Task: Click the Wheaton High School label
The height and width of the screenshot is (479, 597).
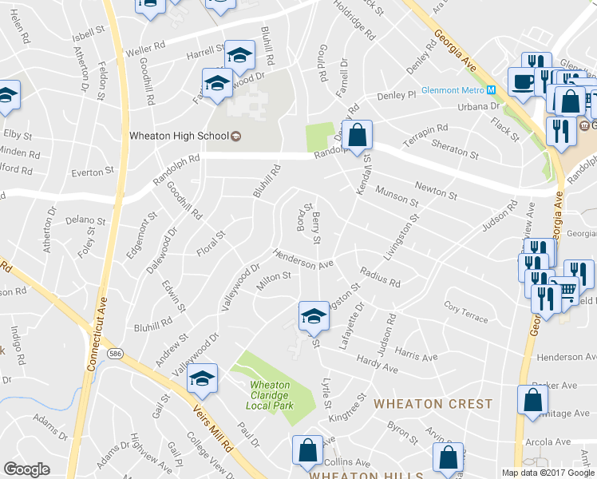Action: click(180, 136)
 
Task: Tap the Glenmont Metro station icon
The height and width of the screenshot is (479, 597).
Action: click(492, 90)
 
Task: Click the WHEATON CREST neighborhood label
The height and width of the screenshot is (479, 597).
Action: click(433, 404)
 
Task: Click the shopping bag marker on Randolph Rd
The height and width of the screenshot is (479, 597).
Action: click(357, 133)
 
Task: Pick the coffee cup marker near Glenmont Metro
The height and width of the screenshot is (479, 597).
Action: click(523, 81)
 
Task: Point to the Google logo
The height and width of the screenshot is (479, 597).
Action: click(26, 469)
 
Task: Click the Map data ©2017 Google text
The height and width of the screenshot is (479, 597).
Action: click(548, 473)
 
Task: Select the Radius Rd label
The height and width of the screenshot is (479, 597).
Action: click(379, 276)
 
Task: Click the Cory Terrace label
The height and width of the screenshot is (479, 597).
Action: click(466, 313)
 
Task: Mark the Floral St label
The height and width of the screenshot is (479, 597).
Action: click(212, 244)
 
